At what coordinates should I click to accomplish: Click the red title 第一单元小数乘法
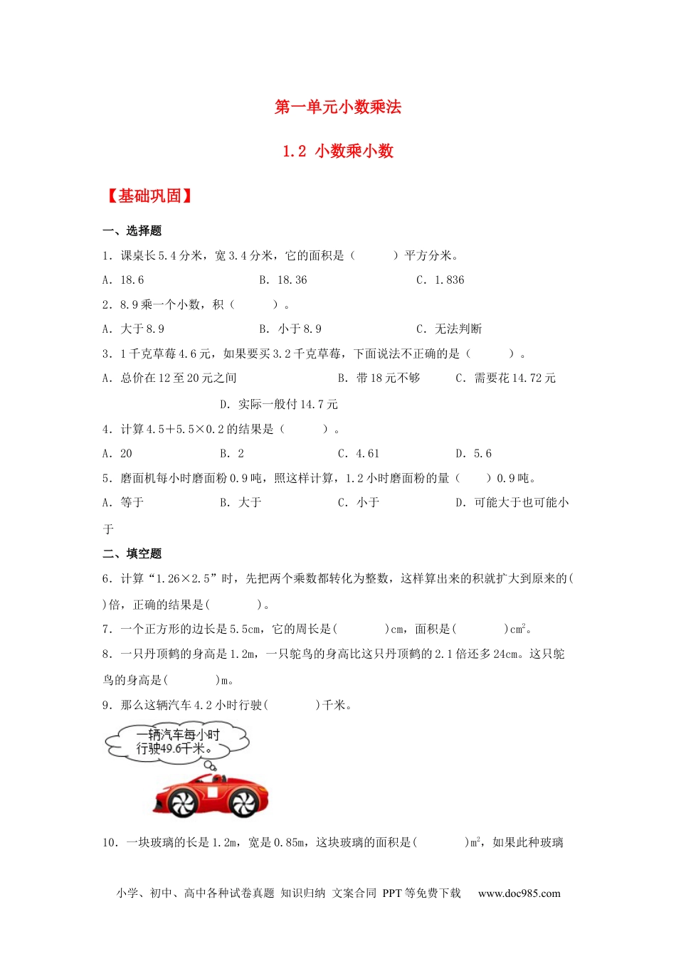point(338,107)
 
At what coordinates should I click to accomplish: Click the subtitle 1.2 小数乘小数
point(338,151)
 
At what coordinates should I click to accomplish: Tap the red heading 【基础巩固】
point(149,196)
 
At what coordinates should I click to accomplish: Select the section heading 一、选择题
point(132,230)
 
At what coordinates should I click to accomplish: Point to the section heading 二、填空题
point(132,553)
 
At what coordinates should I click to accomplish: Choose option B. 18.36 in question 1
point(283,280)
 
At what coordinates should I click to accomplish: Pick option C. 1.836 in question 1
point(440,280)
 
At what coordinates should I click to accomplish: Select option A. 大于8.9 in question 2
point(133,329)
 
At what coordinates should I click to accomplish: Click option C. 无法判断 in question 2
point(449,329)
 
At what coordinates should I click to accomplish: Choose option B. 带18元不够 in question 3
point(379,378)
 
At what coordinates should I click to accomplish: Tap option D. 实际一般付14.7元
point(279,404)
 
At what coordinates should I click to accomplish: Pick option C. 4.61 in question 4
point(359,453)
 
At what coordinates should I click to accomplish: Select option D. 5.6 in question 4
point(473,453)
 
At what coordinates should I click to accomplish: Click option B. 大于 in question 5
point(241,502)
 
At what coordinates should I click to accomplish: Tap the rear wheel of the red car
point(243,803)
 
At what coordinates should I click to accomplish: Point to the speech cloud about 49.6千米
point(178,742)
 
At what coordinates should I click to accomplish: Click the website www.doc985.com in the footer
point(519,893)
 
